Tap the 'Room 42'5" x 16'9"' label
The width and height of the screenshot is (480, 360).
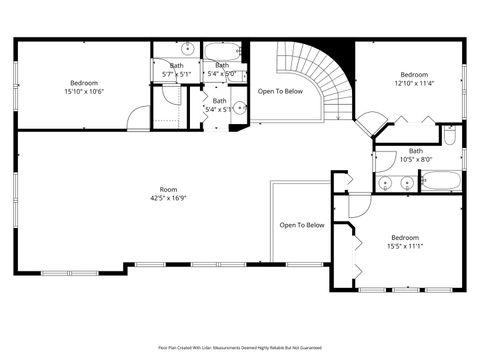click(x=169, y=193)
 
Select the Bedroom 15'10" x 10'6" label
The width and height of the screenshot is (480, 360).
click(x=83, y=87)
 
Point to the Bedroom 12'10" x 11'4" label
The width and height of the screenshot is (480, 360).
click(x=414, y=80)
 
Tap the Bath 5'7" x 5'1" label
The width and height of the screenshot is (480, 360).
click(x=176, y=70)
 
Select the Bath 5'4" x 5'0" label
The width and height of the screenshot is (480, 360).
click(x=221, y=70)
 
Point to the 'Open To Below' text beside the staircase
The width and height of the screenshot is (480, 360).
click(x=280, y=91)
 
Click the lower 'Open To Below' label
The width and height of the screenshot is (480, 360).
click(x=301, y=225)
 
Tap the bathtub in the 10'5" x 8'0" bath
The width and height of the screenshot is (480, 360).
click(x=440, y=182)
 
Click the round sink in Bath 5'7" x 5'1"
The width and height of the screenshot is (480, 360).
click(x=187, y=48)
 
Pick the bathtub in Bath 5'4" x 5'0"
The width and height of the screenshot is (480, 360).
click(x=222, y=49)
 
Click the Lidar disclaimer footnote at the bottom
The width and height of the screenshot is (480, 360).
click(x=240, y=346)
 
